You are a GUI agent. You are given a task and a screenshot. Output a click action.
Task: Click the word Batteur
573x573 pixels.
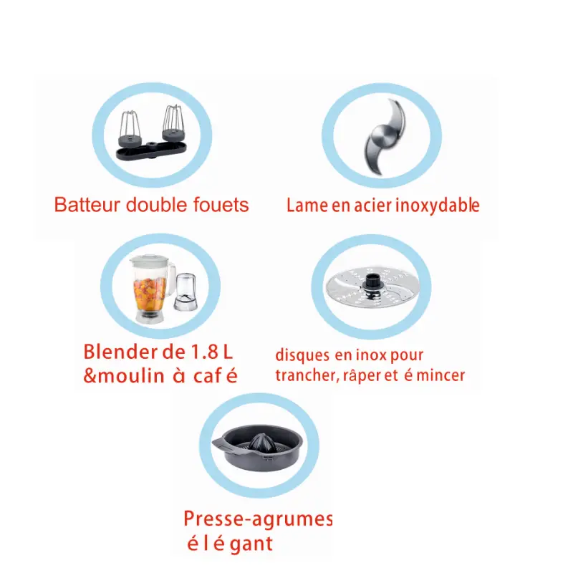pyautogui.click(x=87, y=205)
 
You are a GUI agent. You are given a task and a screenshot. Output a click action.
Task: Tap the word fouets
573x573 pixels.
pyautogui.click(x=221, y=205)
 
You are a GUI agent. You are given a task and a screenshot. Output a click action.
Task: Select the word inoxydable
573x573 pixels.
pyautogui.click(x=438, y=206)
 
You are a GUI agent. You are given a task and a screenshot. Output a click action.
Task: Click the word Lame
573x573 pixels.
pyautogui.click(x=307, y=206)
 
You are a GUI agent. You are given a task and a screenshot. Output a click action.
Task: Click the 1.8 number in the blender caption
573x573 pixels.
pyautogui.click(x=205, y=352)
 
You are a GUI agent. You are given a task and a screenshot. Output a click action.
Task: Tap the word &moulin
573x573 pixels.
pyautogui.click(x=123, y=375)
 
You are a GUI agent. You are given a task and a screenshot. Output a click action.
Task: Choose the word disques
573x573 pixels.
pyautogui.click(x=302, y=355)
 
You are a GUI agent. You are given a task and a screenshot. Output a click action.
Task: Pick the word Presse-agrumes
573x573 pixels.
pyautogui.click(x=258, y=519)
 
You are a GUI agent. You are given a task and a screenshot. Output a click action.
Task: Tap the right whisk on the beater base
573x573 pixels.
pyautogui.click(x=173, y=123)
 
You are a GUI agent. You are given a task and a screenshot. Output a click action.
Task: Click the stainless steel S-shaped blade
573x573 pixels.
pyautogui.click(x=385, y=136)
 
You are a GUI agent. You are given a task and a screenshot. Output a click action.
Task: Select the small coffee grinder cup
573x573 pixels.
pyautogui.click(x=186, y=292)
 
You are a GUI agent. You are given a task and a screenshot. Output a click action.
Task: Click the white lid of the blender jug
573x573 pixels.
pyautogui.click(x=150, y=261)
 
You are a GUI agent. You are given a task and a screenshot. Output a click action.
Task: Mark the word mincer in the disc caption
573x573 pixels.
pyautogui.click(x=440, y=375)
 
